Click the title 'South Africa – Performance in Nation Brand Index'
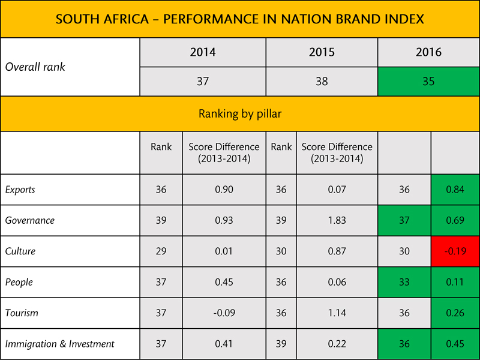(240, 19)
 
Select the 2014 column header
(203, 52)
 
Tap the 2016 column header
(428, 52)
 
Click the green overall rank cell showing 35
(428, 81)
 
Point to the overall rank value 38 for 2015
(322, 81)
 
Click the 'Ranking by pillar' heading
(240, 114)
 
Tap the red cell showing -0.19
(455, 251)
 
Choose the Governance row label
(30, 220)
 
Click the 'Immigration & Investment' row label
(60, 344)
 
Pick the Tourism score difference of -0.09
(224, 313)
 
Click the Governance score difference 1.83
(337, 220)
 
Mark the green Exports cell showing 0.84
(455, 190)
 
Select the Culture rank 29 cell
(161, 251)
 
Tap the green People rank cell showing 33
(404, 282)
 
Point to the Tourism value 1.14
(337, 313)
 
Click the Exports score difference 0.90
(224, 190)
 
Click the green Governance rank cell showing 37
(404, 220)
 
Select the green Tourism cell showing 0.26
(455, 313)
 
